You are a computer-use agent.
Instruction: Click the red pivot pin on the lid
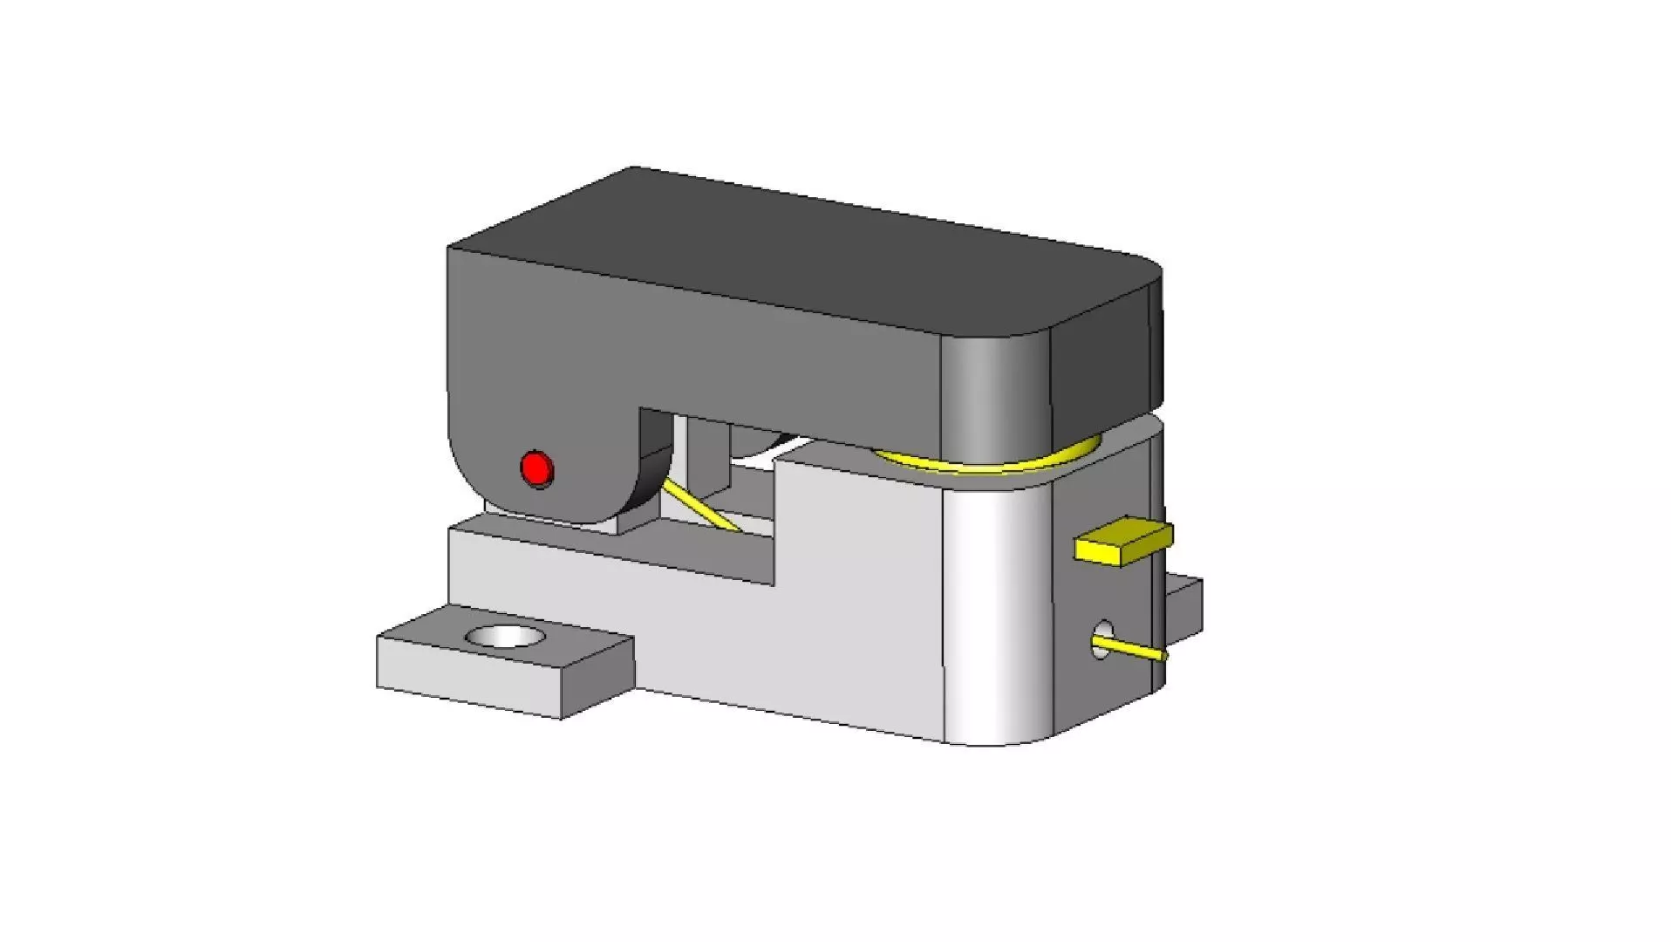click(536, 468)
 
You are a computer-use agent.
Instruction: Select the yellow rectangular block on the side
click(1122, 543)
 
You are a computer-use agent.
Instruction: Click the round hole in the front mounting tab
click(503, 637)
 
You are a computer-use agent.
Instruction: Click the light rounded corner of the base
click(994, 611)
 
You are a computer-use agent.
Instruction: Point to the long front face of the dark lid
click(698, 340)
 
